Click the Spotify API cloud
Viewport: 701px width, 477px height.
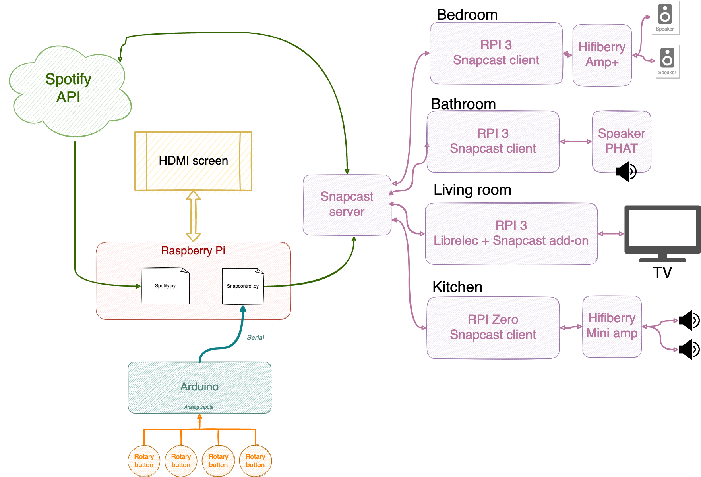click(x=68, y=89)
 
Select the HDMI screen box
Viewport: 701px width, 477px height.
click(x=193, y=161)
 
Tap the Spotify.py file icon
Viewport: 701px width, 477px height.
click(x=165, y=286)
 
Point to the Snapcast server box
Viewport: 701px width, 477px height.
click(x=347, y=204)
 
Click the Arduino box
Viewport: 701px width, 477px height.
click(x=199, y=387)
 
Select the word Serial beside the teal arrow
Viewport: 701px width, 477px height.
click(x=255, y=337)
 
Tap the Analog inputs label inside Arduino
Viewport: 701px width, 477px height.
click(x=199, y=407)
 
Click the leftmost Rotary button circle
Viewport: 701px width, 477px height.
click(x=144, y=461)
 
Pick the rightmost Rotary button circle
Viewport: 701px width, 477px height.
click(x=255, y=461)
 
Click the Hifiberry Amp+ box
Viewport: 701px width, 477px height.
click(x=602, y=55)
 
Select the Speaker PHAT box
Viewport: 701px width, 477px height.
click(x=621, y=141)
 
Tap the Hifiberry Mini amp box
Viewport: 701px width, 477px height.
click(x=612, y=326)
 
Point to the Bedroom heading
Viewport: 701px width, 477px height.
click(x=467, y=15)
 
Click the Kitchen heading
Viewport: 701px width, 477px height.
click(x=457, y=287)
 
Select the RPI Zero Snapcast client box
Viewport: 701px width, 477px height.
click(x=493, y=327)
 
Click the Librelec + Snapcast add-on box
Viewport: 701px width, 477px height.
click(x=511, y=233)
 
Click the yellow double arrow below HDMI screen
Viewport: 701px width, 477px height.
click(x=193, y=216)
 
